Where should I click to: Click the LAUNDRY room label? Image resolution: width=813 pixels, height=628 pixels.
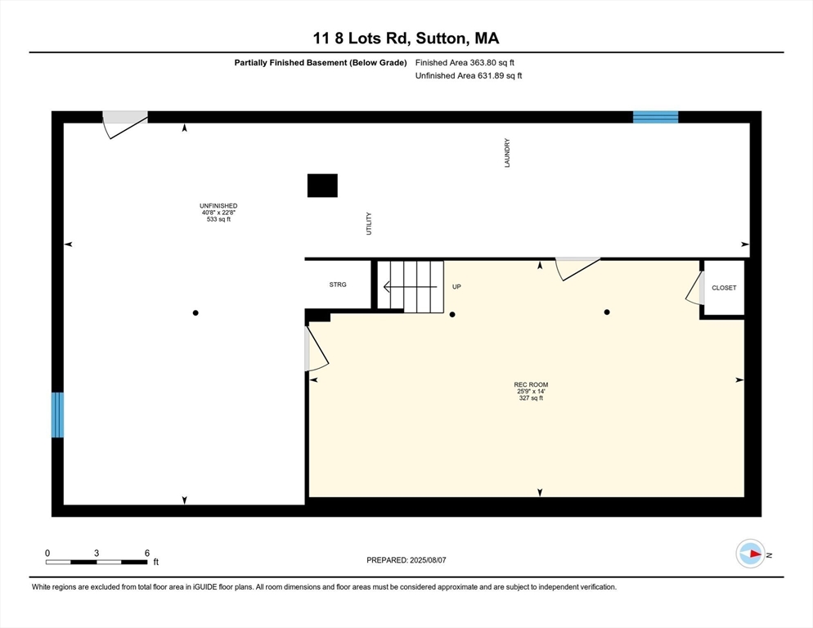pos(507,153)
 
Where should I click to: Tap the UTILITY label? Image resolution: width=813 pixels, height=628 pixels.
pos(369,224)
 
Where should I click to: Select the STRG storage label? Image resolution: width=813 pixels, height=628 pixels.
pos(338,285)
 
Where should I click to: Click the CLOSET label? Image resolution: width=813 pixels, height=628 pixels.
pos(724,288)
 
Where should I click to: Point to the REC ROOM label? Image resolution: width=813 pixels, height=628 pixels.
pos(531,384)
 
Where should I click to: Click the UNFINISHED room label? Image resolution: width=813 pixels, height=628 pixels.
pos(218,206)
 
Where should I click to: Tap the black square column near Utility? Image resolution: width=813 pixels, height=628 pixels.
pos(322,186)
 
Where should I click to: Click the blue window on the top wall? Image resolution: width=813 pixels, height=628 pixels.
pos(655,117)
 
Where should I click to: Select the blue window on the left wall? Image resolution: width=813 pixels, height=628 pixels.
pos(57,415)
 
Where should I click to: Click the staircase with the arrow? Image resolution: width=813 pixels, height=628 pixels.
pos(410,286)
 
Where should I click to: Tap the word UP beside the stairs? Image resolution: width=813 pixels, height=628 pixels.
pos(457,287)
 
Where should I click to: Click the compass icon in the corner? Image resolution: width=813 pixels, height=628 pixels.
pos(750,554)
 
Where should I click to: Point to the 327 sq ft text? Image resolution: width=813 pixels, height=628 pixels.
pos(531,398)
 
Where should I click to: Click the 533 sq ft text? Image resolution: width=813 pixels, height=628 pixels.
pos(218,219)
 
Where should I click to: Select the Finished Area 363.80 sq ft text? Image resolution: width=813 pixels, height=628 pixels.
pos(465,62)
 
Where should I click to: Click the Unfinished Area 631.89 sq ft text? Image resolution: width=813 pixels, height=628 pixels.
pos(468,76)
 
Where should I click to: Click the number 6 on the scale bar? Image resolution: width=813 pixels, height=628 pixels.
pos(147,553)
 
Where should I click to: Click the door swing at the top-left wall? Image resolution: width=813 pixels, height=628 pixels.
pos(124,125)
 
